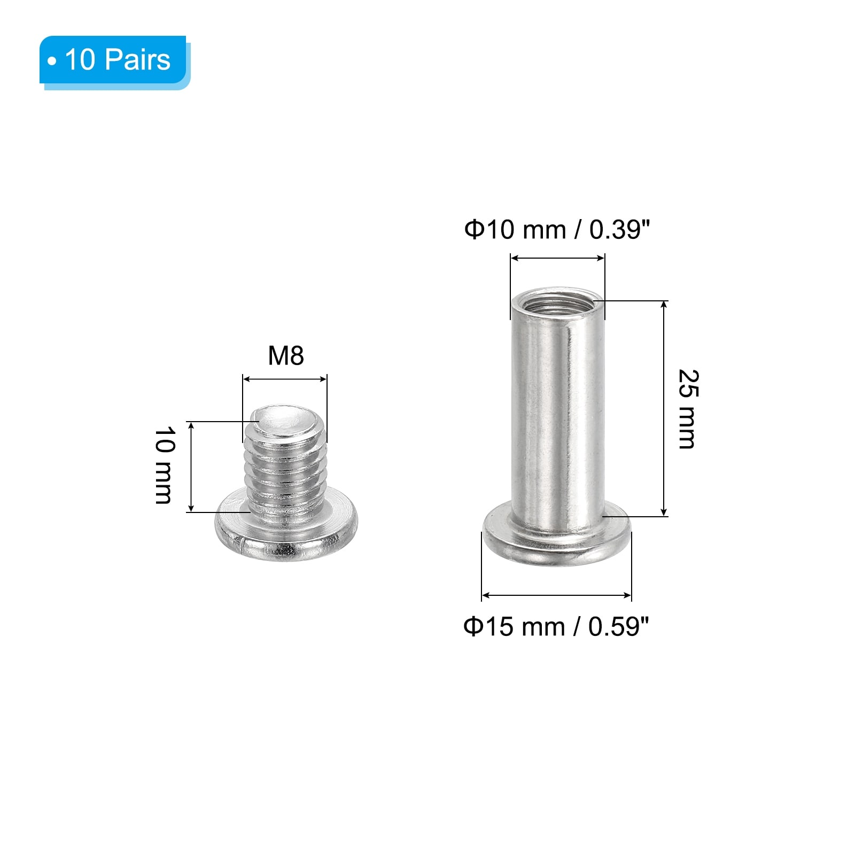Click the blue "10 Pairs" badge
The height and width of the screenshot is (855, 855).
tap(114, 61)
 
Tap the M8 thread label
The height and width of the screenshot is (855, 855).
tap(286, 356)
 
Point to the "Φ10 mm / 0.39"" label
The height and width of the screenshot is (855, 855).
tap(557, 230)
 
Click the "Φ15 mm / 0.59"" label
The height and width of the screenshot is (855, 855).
tap(556, 626)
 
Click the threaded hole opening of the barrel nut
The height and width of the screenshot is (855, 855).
tap(557, 304)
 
